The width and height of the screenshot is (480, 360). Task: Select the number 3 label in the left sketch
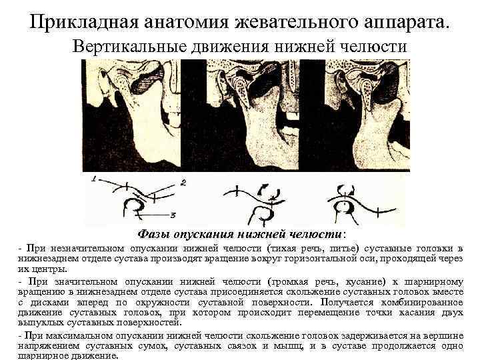click(172, 215)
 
